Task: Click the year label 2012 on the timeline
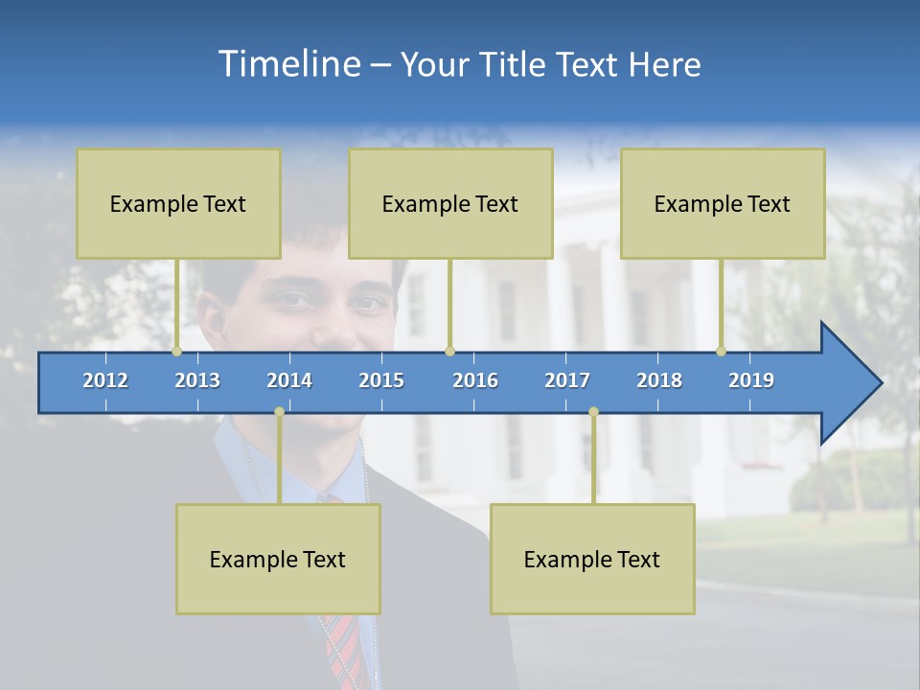(x=105, y=380)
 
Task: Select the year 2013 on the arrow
(x=197, y=380)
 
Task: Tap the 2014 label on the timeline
(x=289, y=380)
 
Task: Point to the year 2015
(x=381, y=380)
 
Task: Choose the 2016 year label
(x=475, y=380)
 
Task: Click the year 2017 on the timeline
(x=567, y=380)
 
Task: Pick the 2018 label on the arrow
(x=659, y=380)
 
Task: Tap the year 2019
(x=751, y=380)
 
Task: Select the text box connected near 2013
(x=178, y=203)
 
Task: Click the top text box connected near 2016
(x=450, y=203)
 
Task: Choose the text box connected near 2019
(x=723, y=203)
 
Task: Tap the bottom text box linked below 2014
(x=278, y=559)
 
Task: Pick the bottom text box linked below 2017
(x=592, y=559)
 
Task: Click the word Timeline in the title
(x=287, y=64)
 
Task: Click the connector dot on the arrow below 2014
(x=279, y=411)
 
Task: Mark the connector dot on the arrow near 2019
(x=722, y=352)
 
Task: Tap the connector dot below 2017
(x=593, y=411)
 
